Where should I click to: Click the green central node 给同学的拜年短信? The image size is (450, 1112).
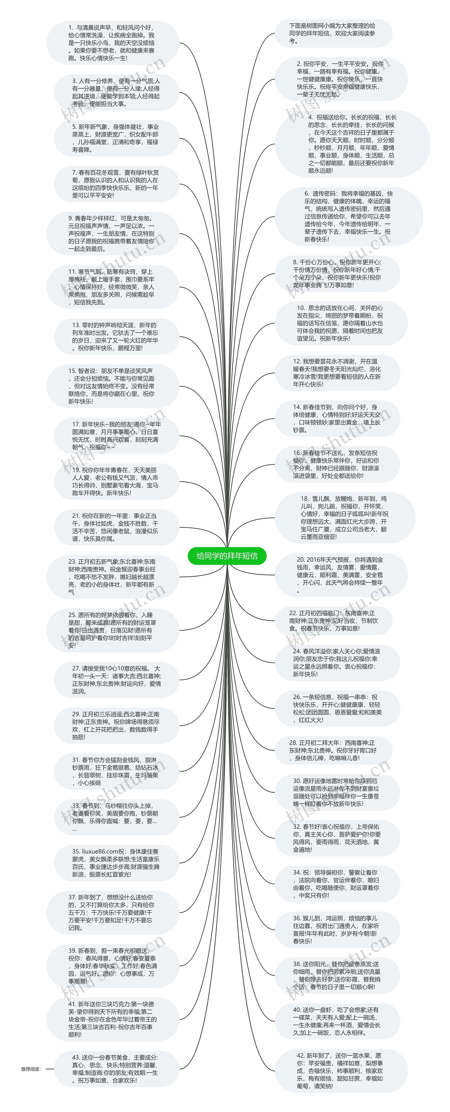pos(227,556)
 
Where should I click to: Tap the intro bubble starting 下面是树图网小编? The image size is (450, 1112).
pos(333,33)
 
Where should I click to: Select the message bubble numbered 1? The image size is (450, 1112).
pos(112,43)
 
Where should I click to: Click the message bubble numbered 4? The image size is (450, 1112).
pos(352,144)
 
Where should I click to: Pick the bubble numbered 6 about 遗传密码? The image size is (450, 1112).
pos(348,216)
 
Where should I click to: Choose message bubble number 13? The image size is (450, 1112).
pos(116,336)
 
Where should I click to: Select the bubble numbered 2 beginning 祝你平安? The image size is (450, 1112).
pos(341,79)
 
